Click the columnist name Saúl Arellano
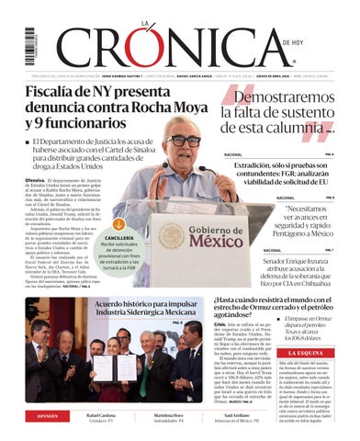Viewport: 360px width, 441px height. [264, 414]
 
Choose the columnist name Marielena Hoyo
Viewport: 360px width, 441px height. [181, 414]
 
